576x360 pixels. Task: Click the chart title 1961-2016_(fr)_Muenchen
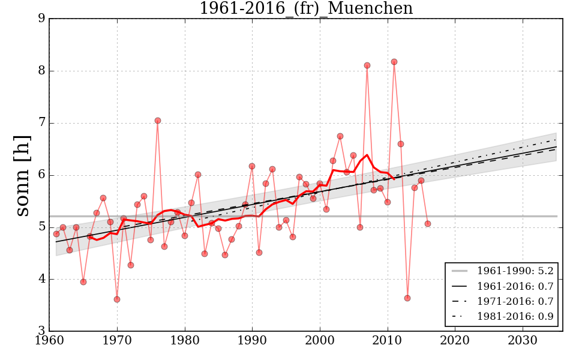306,9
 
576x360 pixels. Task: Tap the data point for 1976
158,121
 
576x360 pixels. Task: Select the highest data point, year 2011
394,62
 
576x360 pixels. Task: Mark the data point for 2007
367,65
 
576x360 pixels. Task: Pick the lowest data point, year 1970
117,299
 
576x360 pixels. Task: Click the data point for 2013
407,298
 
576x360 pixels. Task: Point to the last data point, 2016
428,224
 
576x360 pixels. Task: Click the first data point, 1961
56,234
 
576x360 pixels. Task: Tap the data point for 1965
83,282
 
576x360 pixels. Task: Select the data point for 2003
340,136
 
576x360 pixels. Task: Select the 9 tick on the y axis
41,19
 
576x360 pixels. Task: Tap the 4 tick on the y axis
41,279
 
